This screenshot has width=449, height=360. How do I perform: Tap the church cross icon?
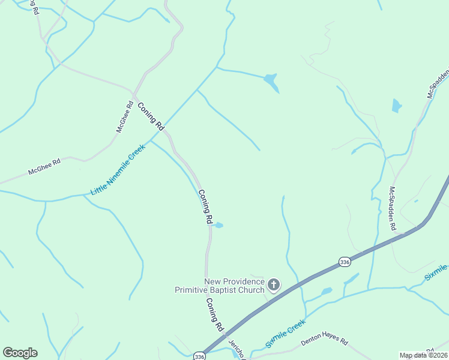(274, 284)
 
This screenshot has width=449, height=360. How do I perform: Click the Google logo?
(20, 353)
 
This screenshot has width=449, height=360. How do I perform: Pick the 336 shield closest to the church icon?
(344, 262)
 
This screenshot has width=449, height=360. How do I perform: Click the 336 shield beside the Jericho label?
(199, 356)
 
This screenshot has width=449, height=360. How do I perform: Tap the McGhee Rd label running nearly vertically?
(124, 116)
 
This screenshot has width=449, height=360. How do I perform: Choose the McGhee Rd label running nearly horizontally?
(44, 167)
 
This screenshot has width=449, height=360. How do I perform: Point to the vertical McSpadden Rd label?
(393, 209)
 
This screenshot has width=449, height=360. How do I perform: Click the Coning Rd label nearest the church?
(214, 315)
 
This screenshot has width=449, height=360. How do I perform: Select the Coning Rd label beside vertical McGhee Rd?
(151, 116)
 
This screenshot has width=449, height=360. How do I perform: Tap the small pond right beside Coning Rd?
(219, 226)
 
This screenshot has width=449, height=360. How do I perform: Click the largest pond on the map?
(272, 82)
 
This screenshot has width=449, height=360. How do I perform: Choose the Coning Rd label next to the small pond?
(205, 207)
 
